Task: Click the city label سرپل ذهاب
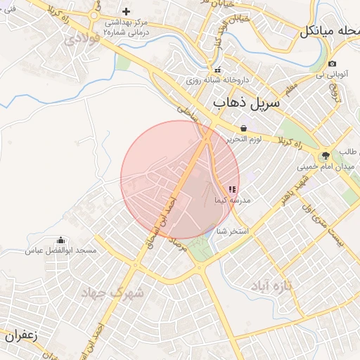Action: click(x=245, y=103)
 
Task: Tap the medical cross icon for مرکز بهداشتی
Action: click(x=126, y=11)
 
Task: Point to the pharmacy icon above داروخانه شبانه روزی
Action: click(x=218, y=70)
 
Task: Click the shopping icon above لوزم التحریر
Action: click(x=243, y=128)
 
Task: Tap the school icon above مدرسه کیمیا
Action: click(x=232, y=189)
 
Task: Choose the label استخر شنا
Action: click(x=233, y=231)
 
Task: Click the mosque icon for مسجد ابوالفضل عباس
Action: click(x=60, y=240)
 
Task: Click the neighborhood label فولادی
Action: click(x=81, y=39)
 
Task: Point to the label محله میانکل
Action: click(x=329, y=31)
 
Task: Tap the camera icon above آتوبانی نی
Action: click(x=332, y=64)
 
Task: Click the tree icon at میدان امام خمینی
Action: click(x=325, y=156)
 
